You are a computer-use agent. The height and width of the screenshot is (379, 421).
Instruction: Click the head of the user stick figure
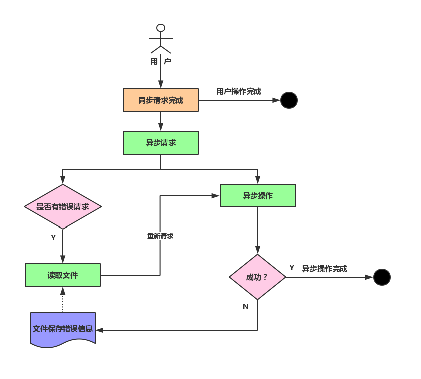(x=161, y=28)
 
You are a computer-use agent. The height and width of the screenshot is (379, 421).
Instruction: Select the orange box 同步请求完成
(x=161, y=100)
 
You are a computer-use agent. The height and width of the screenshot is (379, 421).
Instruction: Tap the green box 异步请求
(x=161, y=142)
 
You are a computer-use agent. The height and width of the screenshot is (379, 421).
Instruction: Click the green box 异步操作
(x=258, y=196)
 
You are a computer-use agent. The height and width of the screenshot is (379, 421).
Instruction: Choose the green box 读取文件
(x=63, y=275)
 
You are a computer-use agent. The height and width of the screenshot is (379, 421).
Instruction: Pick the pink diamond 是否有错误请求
(x=63, y=206)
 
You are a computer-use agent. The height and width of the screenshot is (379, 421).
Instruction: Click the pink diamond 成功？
(x=257, y=277)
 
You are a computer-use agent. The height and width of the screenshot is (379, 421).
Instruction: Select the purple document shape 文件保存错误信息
(x=63, y=330)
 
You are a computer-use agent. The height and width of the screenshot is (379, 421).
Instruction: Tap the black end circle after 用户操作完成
(x=289, y=100)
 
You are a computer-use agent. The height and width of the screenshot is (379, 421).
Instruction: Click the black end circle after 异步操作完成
(x=382, y=277)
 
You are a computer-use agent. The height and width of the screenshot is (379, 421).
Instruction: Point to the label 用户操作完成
(x=239, y=91)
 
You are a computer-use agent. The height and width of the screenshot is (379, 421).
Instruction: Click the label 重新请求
(x=160, y=236)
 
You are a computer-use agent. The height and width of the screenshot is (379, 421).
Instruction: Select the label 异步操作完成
(x=325, y=269)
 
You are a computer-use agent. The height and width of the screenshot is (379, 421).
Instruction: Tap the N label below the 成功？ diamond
(x=245, y=307)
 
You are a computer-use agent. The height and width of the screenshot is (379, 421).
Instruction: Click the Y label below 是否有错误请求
(x=53, y=237)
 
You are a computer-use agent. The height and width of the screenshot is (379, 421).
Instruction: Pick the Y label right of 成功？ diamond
(x=292, y=268)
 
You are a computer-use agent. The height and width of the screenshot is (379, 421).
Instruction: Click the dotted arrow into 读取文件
(x=63, y=299)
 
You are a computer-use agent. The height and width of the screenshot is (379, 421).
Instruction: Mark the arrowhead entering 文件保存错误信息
(x=99, y=330)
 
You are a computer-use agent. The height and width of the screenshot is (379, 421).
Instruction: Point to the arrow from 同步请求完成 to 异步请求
(x=161, y=121)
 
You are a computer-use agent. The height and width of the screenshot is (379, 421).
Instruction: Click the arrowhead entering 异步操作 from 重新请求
(x=216, y=196)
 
